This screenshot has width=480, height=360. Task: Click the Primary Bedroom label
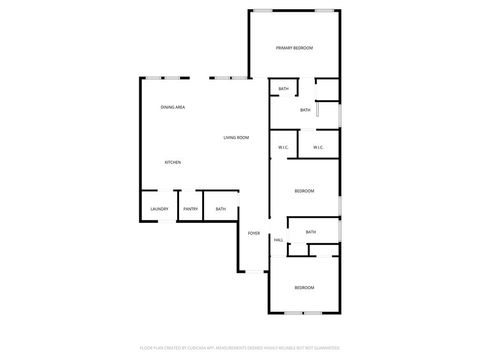tap(294, 48)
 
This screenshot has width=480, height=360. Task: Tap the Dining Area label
tap(173, 107)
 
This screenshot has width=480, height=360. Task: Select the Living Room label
tap(236, 137)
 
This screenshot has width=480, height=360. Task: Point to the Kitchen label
tap(173, 162)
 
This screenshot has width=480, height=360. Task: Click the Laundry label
tap(159, 209)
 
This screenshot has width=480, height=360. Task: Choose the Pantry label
tap(190, 209)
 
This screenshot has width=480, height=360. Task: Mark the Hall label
tap(278, 240)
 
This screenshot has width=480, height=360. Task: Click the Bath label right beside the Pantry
tap(220, 209)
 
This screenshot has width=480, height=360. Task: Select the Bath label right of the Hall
tap(310, 232)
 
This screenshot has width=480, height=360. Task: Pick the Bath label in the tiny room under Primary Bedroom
tap(283, 89)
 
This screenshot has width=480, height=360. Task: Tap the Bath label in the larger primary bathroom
tap(305, 110)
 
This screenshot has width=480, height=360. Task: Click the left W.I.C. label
tap(283, 148)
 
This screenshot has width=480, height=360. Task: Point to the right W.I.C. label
tap(317, 148)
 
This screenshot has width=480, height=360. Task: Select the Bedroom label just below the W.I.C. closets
tap(304, 190)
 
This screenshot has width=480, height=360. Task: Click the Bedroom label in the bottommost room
tap(303, 288)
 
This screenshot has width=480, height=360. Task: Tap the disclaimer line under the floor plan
tap(240, 349)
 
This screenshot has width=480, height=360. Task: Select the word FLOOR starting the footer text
tap(145, 349)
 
